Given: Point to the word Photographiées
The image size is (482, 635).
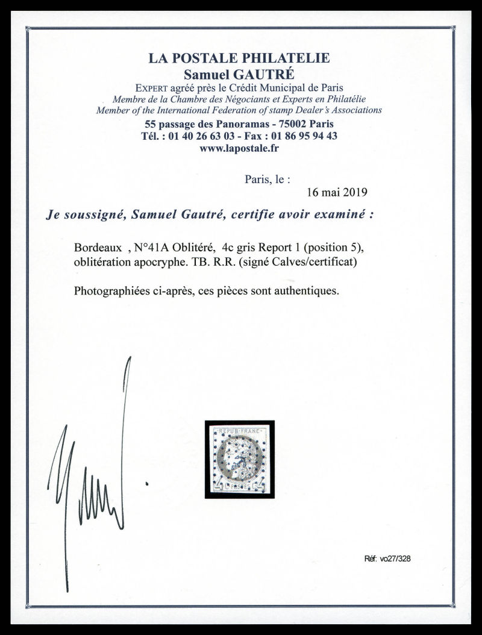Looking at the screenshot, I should (x=108, y=290).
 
